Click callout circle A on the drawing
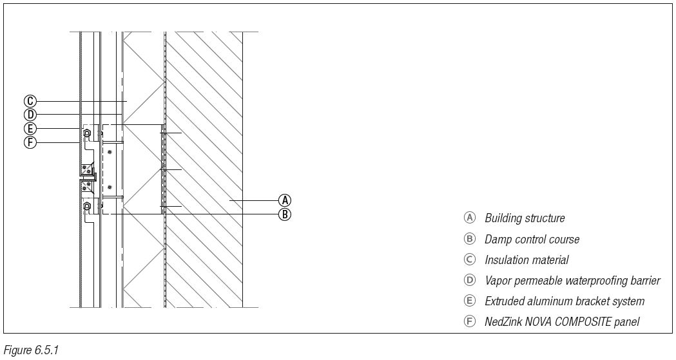click(x=285, y=200)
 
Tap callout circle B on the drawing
click(x=285, y=214)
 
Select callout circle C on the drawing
click(x=30, y=101)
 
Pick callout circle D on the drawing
click(x=30, y=115)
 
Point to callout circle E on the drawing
click(x=30, y=129)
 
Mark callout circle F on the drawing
click(x=30, y=142)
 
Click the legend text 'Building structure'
click(x=525, y=218)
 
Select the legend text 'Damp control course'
click(x=532, y=240)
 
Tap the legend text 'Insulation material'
click(x=526, y=260)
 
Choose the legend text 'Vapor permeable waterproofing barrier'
click(x=572, y=281)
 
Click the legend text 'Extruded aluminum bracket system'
click(x=565, y=301)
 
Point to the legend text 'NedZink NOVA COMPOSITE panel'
click(x=562, y=321)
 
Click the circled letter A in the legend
click(x=470, y=218)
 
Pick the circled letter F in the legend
click(x=470, y=321)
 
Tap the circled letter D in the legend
click(x=470, y=280)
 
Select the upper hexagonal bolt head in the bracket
click(x=87, y=133)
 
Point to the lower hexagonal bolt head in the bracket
click(x=87, y=206)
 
